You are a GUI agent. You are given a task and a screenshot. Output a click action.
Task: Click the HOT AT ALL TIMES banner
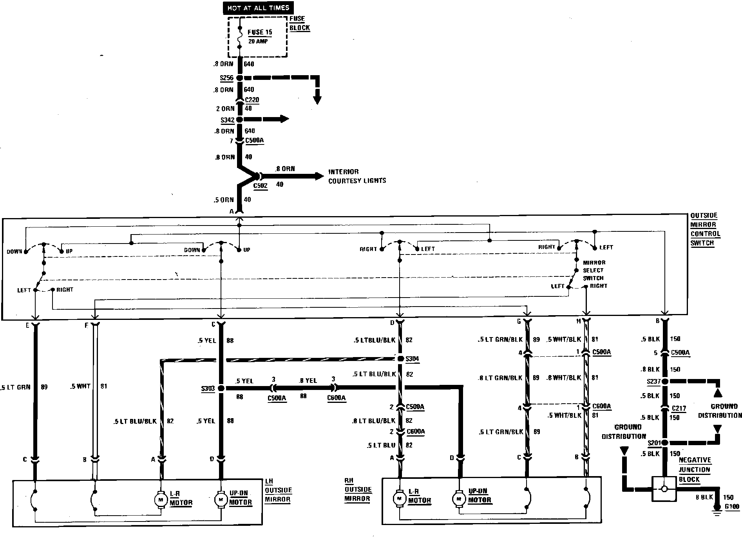click(x=258, y=8)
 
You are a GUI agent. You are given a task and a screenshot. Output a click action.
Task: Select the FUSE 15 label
click(x=260, y=32)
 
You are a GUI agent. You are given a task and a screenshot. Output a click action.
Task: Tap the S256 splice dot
click(x=239, y=78)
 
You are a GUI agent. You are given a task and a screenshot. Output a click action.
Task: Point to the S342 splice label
click(x=227, y=120)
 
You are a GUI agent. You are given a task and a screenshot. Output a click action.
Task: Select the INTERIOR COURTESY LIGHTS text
click(x=357, y=176)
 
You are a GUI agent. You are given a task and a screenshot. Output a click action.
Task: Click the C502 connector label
click(x=260, y=186)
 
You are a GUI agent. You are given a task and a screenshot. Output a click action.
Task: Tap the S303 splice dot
click(x=221, y=388)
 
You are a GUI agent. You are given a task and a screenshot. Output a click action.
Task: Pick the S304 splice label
click(x=412, y=359)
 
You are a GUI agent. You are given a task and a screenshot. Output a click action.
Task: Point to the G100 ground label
click(x=731, y=507)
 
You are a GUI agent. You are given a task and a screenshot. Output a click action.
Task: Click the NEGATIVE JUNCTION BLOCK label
click(x=695, y=469)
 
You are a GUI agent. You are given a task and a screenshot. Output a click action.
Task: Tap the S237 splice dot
click(x=663, y=381)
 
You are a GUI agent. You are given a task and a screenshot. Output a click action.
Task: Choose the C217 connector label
click(x=679, y=408)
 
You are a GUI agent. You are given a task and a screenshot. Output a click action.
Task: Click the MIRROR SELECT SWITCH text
click(x=594, y=270)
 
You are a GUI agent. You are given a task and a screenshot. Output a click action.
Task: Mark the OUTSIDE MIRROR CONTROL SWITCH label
click(x=705, y=229)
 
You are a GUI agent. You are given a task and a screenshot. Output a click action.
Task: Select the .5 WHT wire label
click(x=80, y=386)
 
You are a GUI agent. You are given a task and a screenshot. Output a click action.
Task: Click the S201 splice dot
click(x=663, y=443)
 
